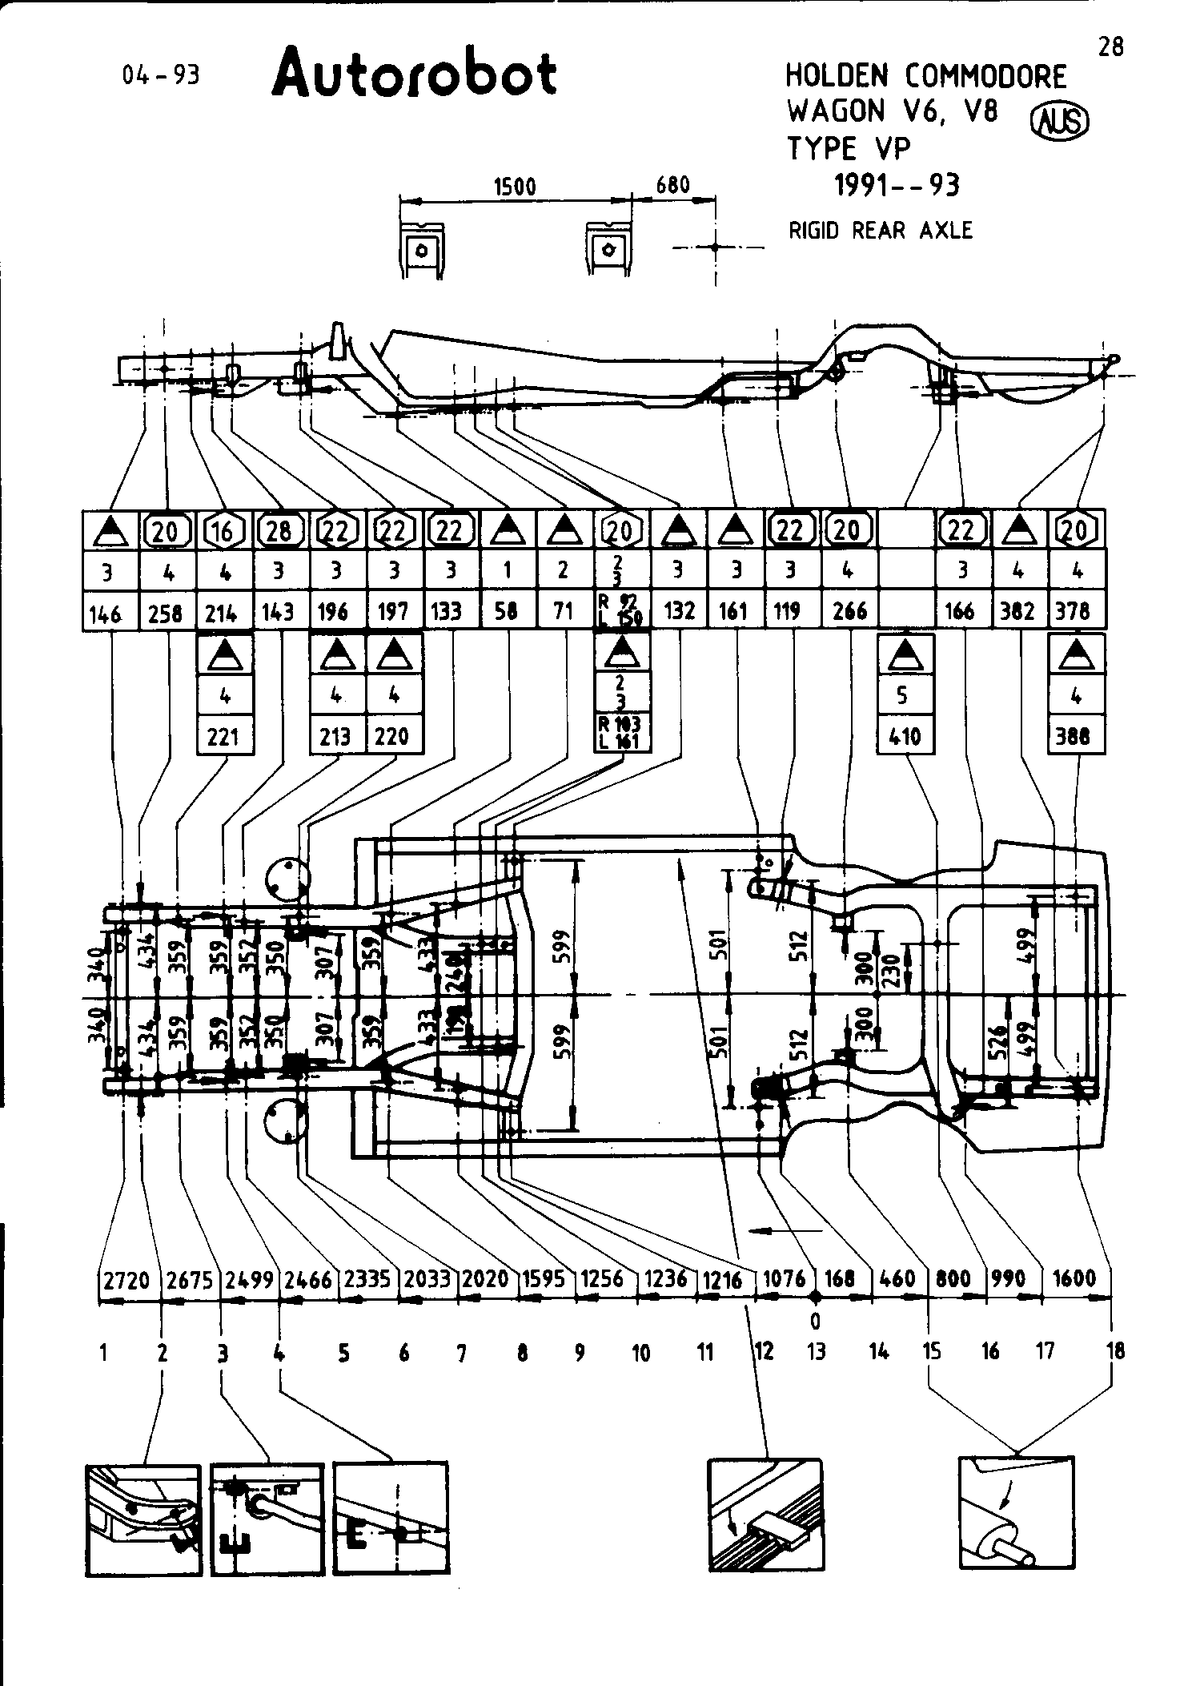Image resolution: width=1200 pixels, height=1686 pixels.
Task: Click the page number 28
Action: coord(1110,47)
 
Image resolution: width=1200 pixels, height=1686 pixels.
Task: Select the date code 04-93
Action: coord(160,75)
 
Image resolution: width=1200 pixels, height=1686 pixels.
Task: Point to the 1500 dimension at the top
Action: coord(514,187)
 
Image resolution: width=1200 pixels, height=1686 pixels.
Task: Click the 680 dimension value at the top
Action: coord(672,185)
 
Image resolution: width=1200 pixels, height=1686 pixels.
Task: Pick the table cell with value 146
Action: coord(105,613)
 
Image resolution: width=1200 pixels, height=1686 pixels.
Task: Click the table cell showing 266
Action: coord(849,611)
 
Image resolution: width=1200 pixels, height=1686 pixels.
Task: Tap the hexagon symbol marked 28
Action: coord(279,530)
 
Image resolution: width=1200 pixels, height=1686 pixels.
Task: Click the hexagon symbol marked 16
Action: coord(223,530)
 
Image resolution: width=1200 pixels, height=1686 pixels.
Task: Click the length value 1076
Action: coord(785,1278)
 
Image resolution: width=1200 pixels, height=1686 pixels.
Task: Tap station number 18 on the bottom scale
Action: coord(1114,1351)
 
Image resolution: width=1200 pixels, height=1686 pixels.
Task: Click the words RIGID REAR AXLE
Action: coord(881,231)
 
